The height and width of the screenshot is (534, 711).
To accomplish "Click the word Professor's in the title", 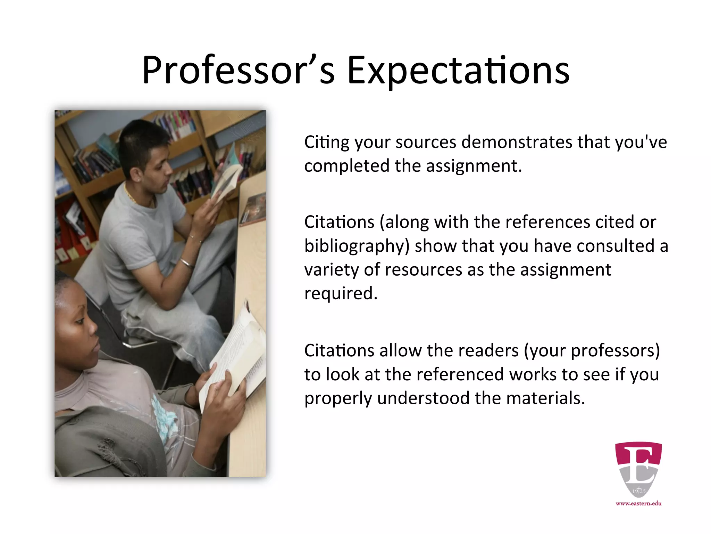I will pos(238,71).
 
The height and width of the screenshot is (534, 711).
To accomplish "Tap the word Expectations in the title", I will pos(458,71).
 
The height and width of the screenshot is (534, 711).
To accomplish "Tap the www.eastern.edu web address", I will pos(638,503).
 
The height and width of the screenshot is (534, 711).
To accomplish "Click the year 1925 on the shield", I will pos(638,491).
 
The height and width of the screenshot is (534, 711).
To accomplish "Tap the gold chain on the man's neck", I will pos(131,197).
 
